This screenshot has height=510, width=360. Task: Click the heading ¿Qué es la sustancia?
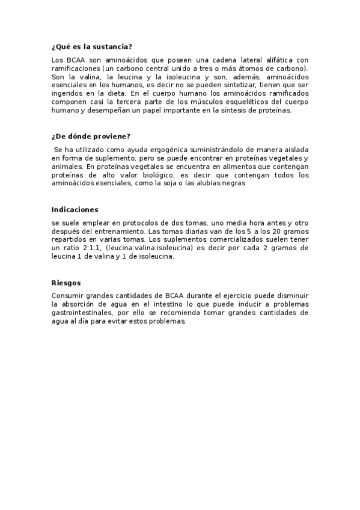[x=92, y=47]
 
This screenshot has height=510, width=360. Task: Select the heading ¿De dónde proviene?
[x=91, y=136]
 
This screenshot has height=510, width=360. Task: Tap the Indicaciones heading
[x=75, y=209]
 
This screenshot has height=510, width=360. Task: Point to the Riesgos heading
[x=66, y=283]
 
